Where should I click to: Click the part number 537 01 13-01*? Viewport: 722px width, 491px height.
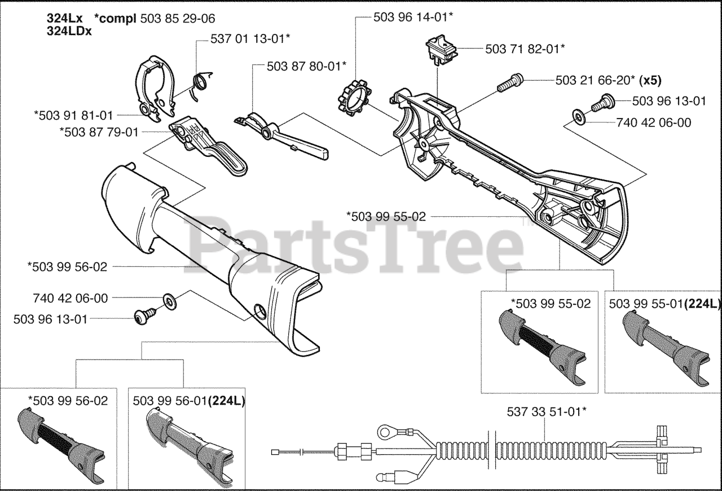click(250, 40)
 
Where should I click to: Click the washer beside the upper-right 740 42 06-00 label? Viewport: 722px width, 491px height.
click(578, 117)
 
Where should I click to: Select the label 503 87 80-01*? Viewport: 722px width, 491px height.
click(307, 66)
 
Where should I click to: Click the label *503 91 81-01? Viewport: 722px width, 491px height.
click(73, 116)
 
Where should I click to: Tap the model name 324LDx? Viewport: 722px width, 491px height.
click(70, 32)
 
